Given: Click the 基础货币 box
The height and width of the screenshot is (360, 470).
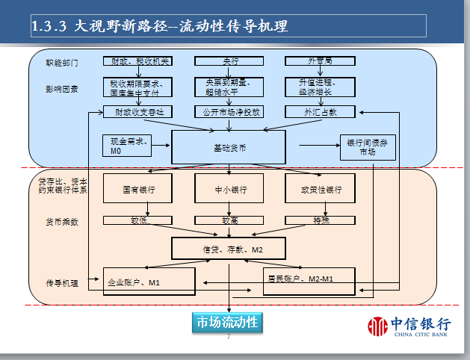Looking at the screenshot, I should pyautogui.click(x=229, y=148).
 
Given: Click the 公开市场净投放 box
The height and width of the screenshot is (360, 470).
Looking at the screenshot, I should pyautogui.click(x=229, y=112).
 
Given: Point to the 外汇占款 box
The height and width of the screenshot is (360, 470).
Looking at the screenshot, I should pyautogui.click(x=320, y=112).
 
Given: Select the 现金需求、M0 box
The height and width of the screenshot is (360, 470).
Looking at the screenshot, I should pyautogui.click(x=127, y=146).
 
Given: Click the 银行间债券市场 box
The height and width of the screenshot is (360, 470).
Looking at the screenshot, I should pyautogui.click(x=368, y=147).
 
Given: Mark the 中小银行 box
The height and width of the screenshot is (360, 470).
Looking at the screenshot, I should pyautogui.click(x=229, y=189).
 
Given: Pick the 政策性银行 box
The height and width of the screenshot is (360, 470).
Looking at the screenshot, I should pyautogui.click(x=321, y=189).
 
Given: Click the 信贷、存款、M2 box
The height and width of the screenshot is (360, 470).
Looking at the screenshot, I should pyautogui.click(x=229, y=249).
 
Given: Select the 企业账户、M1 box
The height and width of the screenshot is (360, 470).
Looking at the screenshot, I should pyautogui.click(x=149, y=282).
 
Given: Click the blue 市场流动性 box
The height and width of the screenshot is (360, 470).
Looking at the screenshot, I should pyautogui.click(x=226, y=322).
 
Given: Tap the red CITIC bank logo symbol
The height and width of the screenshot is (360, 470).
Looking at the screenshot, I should pyautogui.click(x=378, y=326).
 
